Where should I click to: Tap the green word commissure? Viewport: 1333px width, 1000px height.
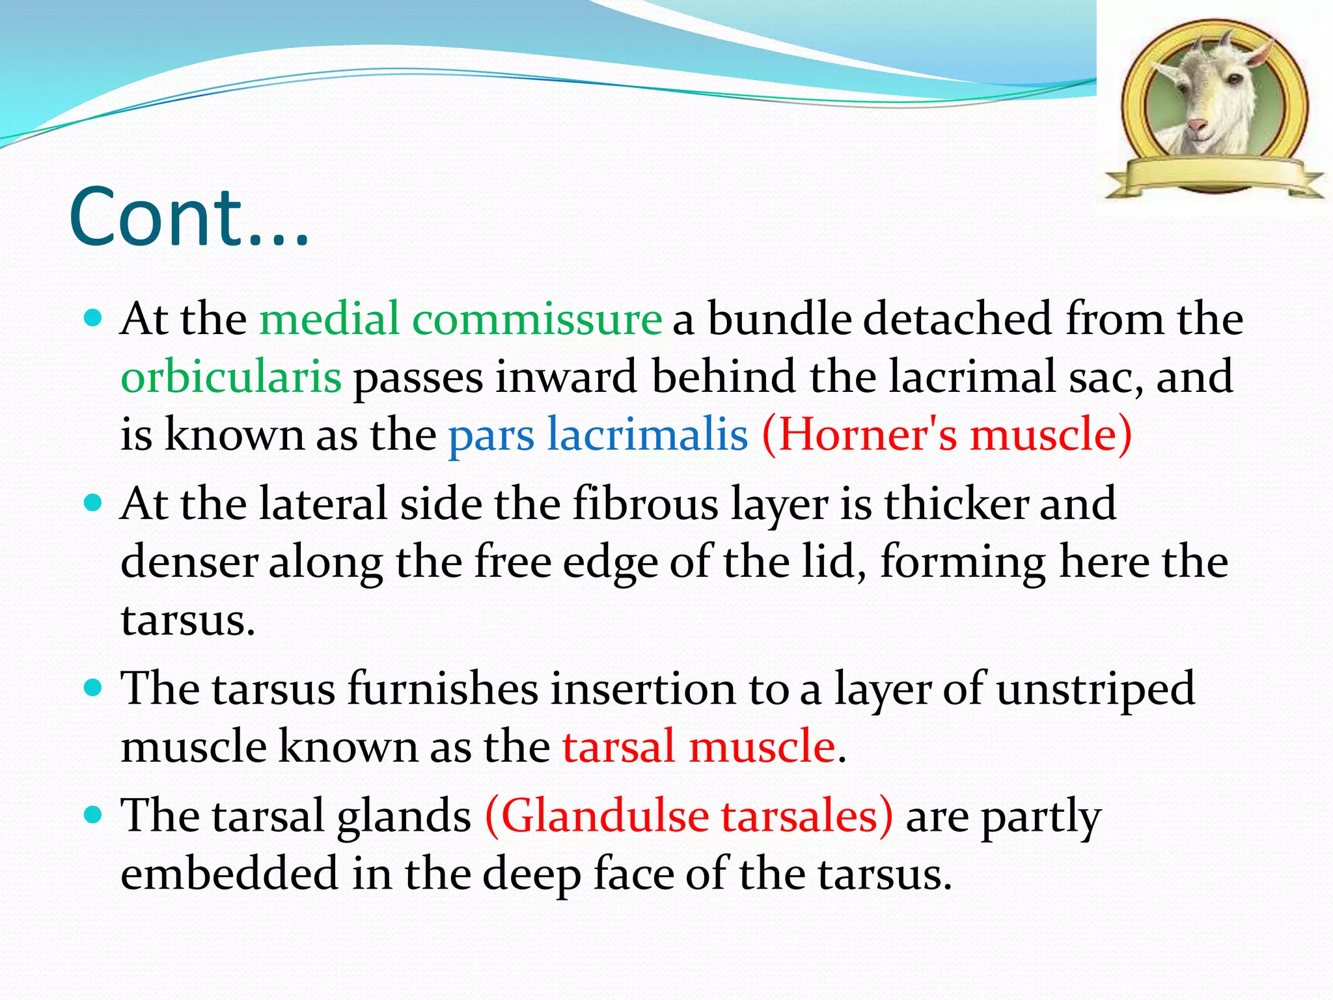[537, 319]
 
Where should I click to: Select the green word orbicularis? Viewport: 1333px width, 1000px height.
[231, 378]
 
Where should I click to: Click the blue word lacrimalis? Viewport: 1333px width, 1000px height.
[647, 435]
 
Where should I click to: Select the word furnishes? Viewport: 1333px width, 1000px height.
[443, 689]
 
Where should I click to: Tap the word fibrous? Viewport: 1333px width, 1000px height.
[645, 504]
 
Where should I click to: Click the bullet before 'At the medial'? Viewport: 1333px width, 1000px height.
[94, 318]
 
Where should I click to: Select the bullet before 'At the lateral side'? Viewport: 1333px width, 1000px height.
[94, 503]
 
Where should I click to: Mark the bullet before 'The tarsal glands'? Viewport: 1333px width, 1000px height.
[94, 814]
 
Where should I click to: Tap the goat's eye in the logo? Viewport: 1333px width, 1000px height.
[1232, 79]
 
